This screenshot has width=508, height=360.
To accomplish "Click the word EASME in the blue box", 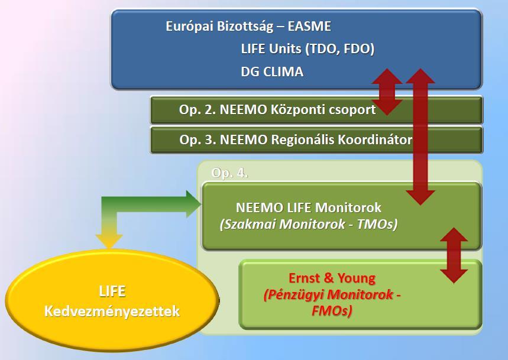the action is [x=309, y=26].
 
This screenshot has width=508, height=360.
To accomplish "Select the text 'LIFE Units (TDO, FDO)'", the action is [x=308, y=49].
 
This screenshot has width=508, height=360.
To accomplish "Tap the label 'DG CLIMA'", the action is [x=272, y=72].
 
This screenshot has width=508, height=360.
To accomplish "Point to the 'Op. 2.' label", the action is [x=198, y=110].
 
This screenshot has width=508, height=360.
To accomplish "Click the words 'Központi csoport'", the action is [x=323, y=110].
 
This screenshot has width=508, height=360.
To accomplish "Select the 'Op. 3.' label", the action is [x=198, y=140].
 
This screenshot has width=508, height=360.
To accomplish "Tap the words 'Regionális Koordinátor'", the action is [x=341, y=140].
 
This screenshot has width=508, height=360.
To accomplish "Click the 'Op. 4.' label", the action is [x=229, y=173].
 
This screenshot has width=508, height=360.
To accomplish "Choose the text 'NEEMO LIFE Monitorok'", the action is [x=309, y=207].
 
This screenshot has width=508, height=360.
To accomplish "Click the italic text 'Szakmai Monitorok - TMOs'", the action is [x=309, y=224].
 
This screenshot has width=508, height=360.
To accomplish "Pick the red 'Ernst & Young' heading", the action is [x=332, y=278].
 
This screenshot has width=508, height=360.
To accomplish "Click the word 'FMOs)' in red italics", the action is [x=332, y=311].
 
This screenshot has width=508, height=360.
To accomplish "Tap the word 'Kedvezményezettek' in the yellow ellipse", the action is [x=112, y=311].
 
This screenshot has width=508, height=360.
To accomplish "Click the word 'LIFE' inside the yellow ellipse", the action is [x=112, y=291].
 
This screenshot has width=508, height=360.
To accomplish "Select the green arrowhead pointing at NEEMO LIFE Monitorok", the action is [x=193, y=205].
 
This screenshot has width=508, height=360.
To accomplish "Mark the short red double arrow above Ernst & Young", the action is [x=454, y=255].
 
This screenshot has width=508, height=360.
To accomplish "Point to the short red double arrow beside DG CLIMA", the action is [x=387, y=92].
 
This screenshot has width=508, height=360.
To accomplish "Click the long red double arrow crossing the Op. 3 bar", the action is [x=420, y=137].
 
